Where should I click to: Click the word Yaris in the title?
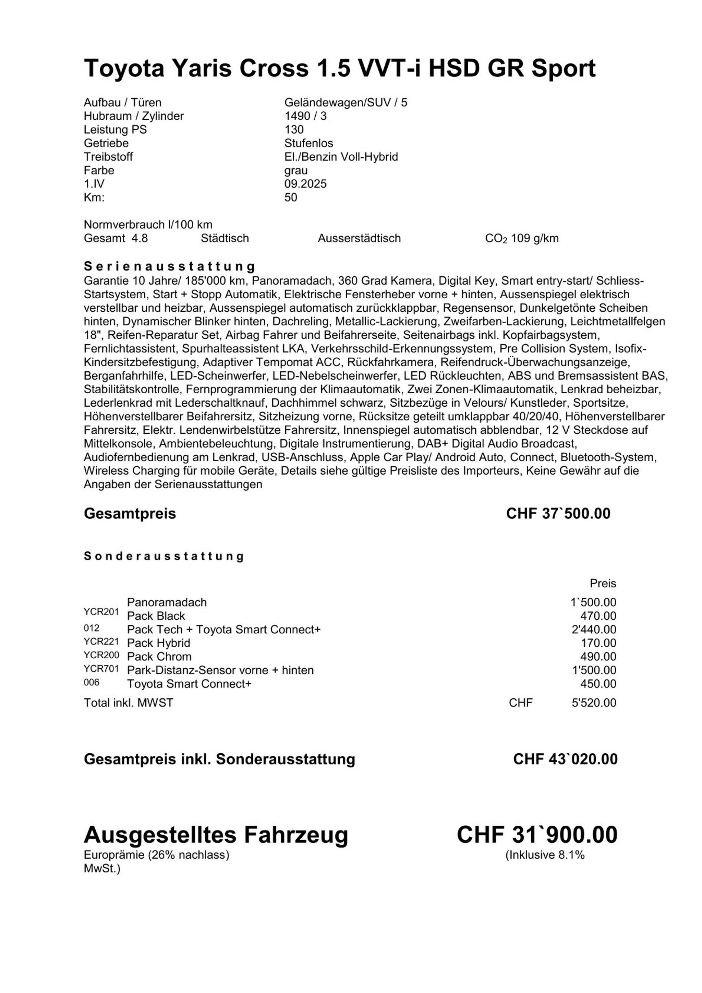pos(202,68)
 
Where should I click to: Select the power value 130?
pos(294,129)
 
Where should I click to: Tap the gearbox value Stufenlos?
pos(308,143)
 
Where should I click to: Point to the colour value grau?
pos(296,170)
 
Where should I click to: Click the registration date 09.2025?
pos(305,184)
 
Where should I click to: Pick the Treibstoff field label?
pos(108,157)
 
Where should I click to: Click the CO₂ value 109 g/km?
pos(534,238)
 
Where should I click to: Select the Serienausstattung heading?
pos(169,266)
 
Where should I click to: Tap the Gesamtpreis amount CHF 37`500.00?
pos(558,513)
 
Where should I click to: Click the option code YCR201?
pos(101,612)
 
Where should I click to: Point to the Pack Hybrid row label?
pos(159,643)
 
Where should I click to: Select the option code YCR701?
pos(101,669)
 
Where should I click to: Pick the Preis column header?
pos(603,584)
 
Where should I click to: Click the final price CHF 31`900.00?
pos(537,835)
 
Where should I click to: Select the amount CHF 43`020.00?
pos(565,759)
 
